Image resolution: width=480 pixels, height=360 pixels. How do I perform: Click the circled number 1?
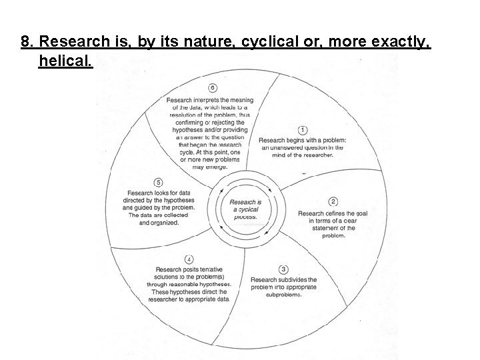[303, 130]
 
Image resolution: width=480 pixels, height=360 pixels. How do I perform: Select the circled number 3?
[284, 269]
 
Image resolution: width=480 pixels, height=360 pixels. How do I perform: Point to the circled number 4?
[189, 259]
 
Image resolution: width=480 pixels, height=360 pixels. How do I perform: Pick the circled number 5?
[159, 182]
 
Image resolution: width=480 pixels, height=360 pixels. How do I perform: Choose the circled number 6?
[212, 88]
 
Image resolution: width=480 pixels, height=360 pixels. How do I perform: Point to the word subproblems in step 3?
[284, 295]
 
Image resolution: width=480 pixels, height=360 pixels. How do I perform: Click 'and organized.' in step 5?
[159, 223]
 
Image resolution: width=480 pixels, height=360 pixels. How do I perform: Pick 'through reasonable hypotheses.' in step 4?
[189, 284]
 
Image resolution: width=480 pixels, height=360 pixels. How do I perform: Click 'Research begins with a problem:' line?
[303, 140]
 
